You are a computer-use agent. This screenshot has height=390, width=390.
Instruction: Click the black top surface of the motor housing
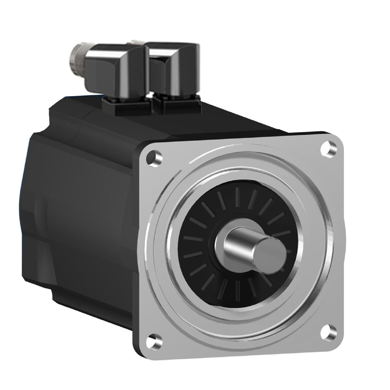(234, 117)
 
